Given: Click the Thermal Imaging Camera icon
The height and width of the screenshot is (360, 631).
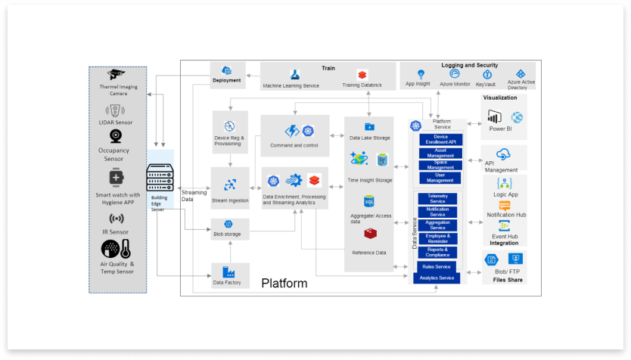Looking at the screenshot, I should (116, 75).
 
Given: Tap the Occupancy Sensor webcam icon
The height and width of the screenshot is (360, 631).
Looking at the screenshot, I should (116, 136).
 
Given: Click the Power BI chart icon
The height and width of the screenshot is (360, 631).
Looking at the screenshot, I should (496, 116).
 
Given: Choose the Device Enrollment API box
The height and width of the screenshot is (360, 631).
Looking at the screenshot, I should (440, 139).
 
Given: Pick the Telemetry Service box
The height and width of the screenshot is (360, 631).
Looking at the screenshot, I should (438, 199).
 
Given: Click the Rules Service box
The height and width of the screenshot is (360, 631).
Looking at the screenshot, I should (437, 266).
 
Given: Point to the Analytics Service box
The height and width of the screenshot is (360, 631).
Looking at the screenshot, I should (437, 278).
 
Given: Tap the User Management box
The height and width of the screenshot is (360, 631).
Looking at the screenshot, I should (440, 178).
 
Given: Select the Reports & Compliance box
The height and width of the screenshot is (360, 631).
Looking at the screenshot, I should (438, 251).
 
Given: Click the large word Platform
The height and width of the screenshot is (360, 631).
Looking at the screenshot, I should (284, 284).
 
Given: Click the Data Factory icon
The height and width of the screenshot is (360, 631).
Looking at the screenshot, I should (226, 271).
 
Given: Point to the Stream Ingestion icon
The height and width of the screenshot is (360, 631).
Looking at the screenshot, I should (229, 185).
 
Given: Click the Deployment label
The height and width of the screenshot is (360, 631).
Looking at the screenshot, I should (227, 80).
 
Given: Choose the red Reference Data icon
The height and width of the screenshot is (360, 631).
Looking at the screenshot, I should (370, 235).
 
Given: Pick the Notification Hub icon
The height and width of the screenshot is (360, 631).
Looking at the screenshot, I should (505, 205).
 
